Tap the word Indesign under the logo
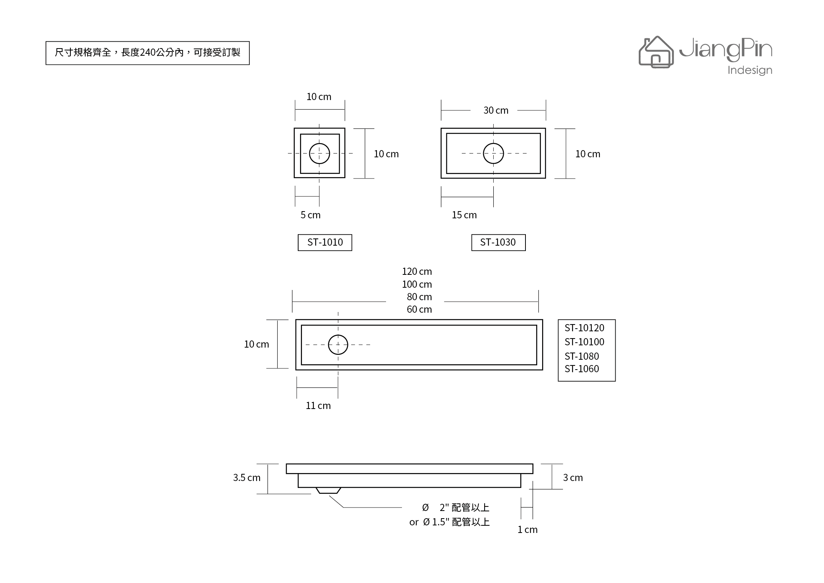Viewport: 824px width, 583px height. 750,71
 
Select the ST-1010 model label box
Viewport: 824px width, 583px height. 325,243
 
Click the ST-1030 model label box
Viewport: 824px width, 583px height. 499,243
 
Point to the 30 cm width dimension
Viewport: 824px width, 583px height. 496,110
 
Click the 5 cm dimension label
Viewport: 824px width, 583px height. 311,215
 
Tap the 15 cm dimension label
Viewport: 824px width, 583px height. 464,215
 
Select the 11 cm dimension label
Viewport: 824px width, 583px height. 318,406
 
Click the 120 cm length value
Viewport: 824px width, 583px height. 417,271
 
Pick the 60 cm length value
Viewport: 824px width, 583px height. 419,309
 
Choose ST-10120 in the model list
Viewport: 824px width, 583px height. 585,328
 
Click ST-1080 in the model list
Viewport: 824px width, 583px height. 582,356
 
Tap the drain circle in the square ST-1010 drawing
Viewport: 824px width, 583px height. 319,143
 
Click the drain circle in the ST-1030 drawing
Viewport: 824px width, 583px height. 493,143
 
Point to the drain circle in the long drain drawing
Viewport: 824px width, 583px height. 338,335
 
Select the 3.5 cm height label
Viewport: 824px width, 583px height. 247,478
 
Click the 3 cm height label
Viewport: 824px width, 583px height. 573,478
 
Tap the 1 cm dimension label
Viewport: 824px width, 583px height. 528,530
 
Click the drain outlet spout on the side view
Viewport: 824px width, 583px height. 328,491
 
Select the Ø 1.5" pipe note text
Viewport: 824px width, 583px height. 450,522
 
